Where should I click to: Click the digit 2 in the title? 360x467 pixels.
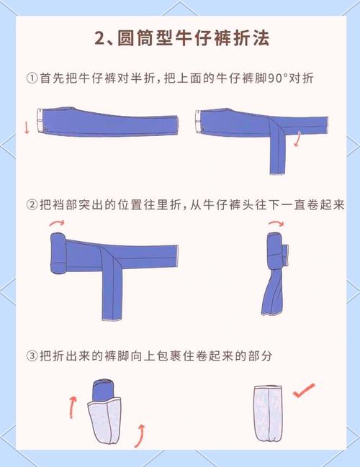(100, 38)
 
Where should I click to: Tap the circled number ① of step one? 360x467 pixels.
(32, 78)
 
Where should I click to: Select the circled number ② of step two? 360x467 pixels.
(32, 204)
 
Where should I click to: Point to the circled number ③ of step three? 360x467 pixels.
(32, 355)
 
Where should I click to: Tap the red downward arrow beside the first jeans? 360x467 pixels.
(27, 128)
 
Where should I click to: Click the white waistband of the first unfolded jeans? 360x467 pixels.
(40, 119)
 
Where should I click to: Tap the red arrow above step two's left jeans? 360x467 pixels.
(55, 224)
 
